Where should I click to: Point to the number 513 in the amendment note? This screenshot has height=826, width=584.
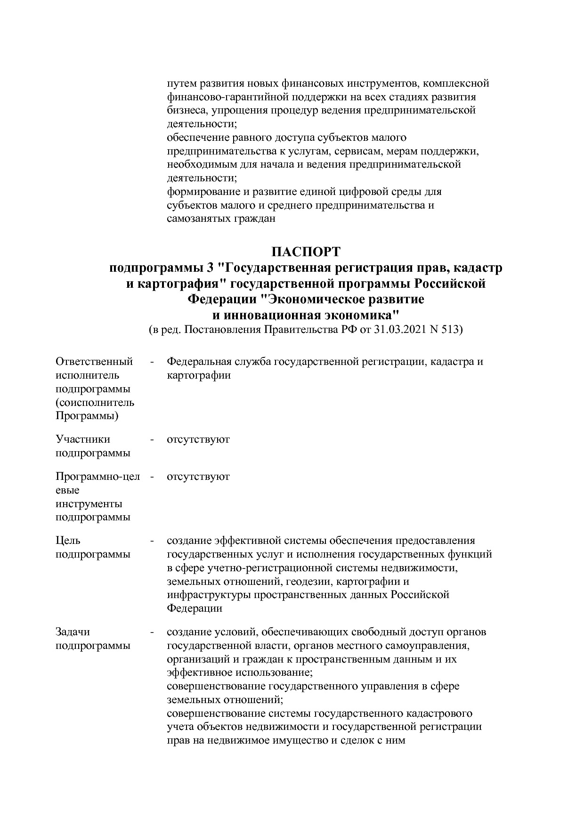[x=451, y=330]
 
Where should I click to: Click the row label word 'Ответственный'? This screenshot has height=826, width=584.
[x=94, y=362]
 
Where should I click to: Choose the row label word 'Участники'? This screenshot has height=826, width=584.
[x=83, y=439]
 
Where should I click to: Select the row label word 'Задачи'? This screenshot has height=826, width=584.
[x=73, y=632]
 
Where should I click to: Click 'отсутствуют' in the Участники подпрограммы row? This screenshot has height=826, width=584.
[x=198, y=439]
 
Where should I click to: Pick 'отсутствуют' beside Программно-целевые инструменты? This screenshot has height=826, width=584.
[x=198, y=477]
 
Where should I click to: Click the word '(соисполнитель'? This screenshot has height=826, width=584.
[x=95, y=403]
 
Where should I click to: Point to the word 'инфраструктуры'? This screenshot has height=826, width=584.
[x=209, y=595]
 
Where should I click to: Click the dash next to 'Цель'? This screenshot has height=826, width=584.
[x=152, y=541]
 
